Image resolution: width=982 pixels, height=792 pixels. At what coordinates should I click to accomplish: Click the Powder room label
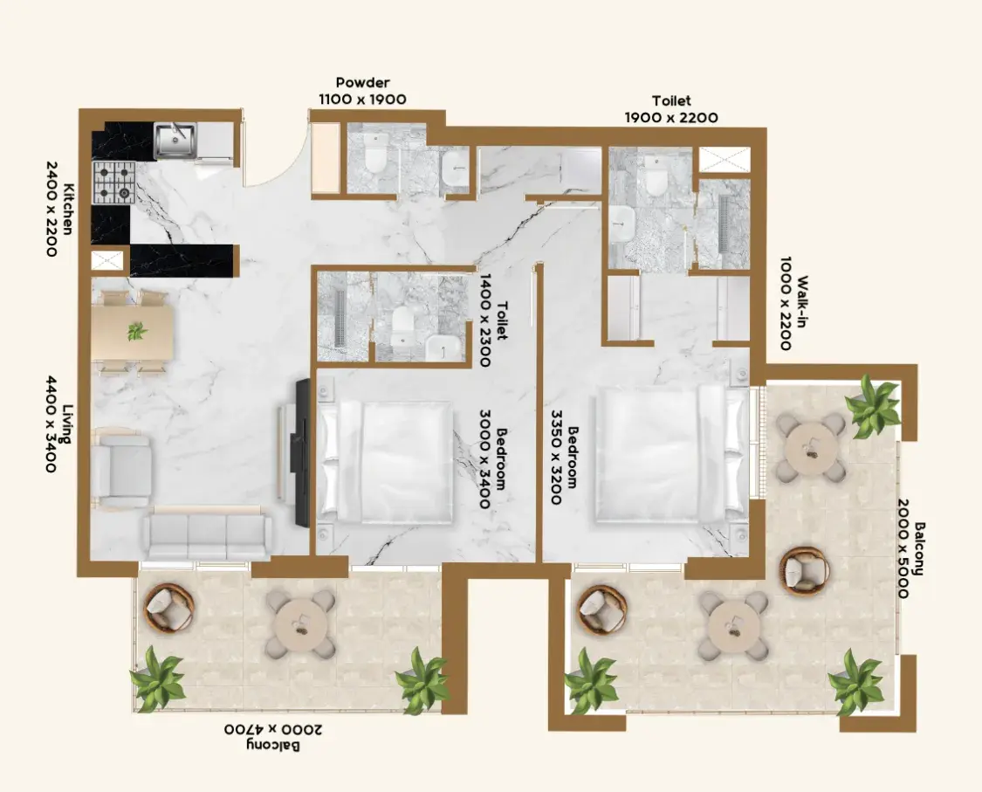pyautogui.click(x=362, y=83)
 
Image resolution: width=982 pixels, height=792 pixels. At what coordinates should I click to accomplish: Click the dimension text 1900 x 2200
pyautogui.click(x=671, y=117)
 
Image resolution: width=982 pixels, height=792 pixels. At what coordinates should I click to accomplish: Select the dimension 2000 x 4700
pyautogui.click(x=272, y=730)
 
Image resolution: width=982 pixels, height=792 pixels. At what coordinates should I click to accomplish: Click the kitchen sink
pyautogui.click(x=175, y=139)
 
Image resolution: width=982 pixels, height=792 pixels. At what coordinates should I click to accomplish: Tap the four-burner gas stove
pyautogui.click(x=114, y=182)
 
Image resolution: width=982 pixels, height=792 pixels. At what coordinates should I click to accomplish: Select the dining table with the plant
pyautogui.click(x=133, y=332)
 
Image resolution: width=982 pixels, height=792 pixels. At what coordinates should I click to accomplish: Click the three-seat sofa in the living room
pyautogui.click(x=207, y=534)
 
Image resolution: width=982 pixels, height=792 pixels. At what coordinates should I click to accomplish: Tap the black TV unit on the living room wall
pyautogui.click(x=303, y=452)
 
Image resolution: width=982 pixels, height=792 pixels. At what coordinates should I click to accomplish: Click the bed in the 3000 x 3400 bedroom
pyautogui.click(x=386, y=462)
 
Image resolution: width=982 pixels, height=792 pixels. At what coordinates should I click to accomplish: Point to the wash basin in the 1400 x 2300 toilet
pyautogui.click(x=443, y=348)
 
